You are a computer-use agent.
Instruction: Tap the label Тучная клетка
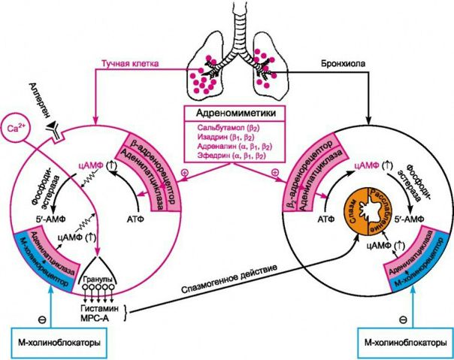(x=130, y=63)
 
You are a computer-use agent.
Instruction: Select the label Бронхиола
(x=343, y=63)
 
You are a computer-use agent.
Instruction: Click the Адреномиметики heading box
(x=235, y=113)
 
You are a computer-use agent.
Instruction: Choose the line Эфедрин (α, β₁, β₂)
(x=232, y=156)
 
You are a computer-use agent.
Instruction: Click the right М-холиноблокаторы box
(x=405, y=343)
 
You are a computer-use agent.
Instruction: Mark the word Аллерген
(x=39, y=99)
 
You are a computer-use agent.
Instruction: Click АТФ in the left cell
(x=135, y=219)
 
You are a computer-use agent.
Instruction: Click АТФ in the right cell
(x=326, y=219)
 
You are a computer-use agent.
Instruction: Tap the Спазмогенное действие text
(x=229, y=278)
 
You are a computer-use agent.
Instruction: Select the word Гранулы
(x=98, y=280)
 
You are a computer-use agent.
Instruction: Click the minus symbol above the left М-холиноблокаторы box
(x=41, y=319)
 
